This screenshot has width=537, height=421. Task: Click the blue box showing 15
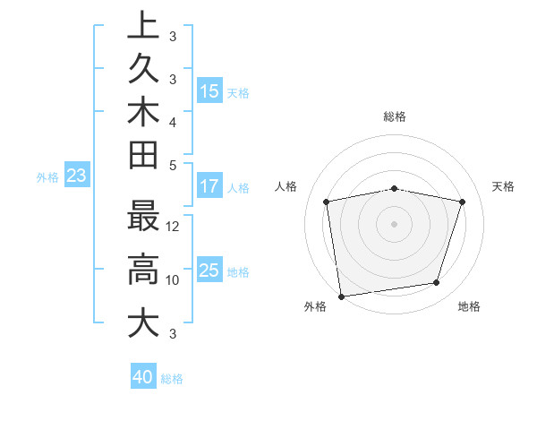[209, 90]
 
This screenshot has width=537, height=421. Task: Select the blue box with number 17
[209, 187]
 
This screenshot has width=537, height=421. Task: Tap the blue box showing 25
[209, 270]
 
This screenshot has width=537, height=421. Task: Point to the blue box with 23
[77, 176]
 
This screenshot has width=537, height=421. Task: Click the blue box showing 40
[143, 377]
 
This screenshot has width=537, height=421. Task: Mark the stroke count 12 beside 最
[174, 226]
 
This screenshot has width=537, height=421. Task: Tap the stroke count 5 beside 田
[173, 165]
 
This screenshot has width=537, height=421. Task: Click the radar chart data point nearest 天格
[462, 202]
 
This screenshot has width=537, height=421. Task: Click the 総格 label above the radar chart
[395, 116]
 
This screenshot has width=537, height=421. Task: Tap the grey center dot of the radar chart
[395, 223]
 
